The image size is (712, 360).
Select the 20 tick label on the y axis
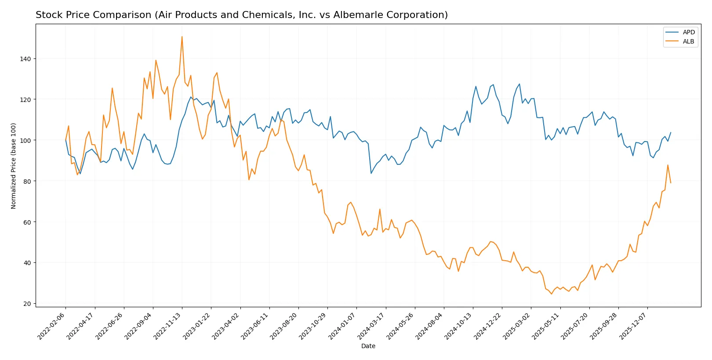coord(28,304)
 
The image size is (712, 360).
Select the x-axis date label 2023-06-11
coord(255,326)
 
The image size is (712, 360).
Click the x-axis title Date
coord(368,346)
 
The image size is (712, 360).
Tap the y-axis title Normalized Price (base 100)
coord(14,166)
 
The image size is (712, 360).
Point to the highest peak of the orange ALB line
coord(182,37)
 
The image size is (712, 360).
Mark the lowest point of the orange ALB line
coord(551,294)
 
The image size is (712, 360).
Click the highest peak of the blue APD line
coord(519,84)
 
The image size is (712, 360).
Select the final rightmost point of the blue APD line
coord(671,132)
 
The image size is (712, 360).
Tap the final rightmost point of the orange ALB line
coord(671,183)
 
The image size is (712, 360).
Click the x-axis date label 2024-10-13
coord(459,326)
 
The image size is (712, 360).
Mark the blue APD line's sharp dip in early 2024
coord(371,173)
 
